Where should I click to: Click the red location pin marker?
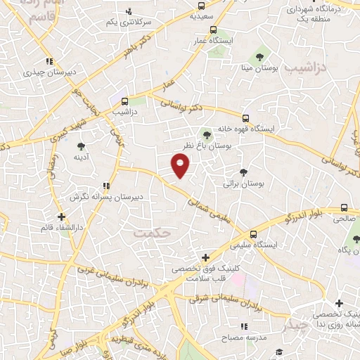coord(181,165)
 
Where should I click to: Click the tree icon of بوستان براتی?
coord(244,172)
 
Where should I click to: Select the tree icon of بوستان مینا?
coord(260,56)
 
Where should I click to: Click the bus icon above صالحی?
coord(344,207)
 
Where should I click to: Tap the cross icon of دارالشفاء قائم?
coord(61,217)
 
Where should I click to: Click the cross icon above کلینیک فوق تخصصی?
coord(205,257)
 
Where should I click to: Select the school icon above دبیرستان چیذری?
coord(49,61)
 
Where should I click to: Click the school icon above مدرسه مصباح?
coord(244,326)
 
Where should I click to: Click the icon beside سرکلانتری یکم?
coord(128,12)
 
